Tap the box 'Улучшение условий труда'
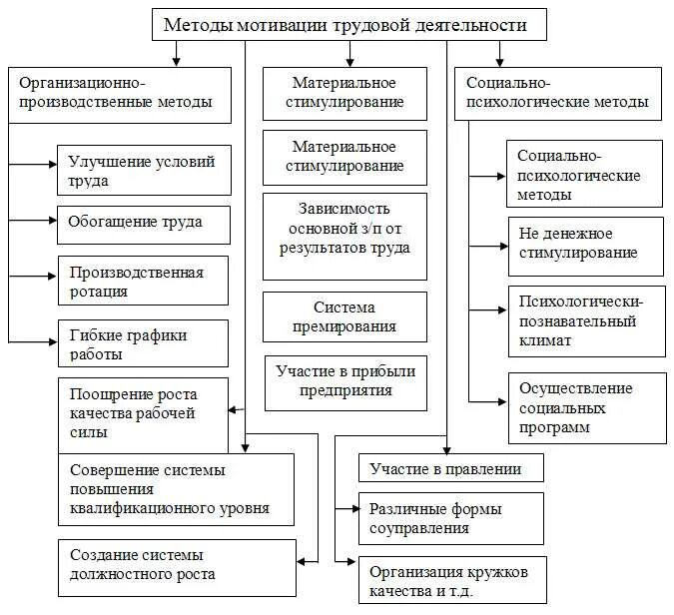point(144,171)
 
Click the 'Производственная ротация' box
point(144,282)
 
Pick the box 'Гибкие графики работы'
point(144,342)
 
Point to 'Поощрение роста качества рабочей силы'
point(143,410)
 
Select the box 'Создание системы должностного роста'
point(176,566)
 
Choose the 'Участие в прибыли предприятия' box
point(345,381)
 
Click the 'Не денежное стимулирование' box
point(585,245)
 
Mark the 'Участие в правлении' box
point(451,467)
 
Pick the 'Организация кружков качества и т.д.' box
point(451,580)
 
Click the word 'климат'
point(545,340)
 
